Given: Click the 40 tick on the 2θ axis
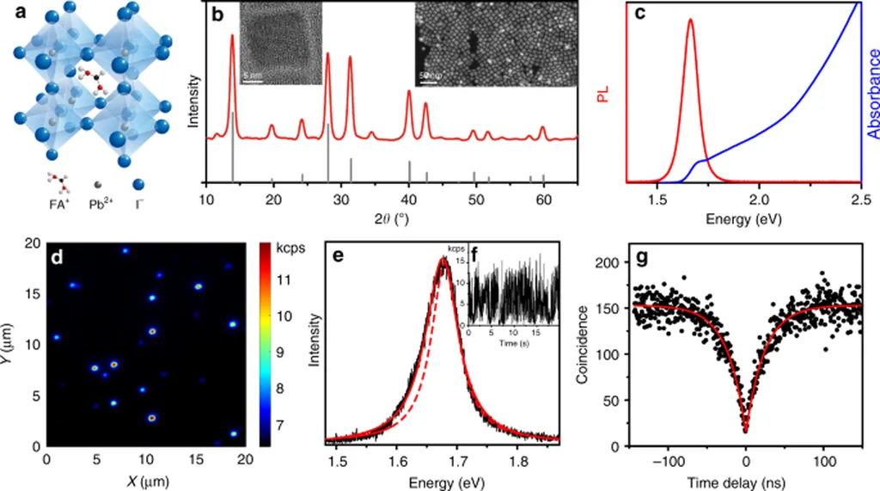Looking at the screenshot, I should (x=409, y=200).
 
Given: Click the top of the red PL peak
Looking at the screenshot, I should (x=690, y=21).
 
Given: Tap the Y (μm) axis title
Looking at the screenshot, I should (x=10, y=344).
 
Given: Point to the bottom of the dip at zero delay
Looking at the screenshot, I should (x=746, y=430).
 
